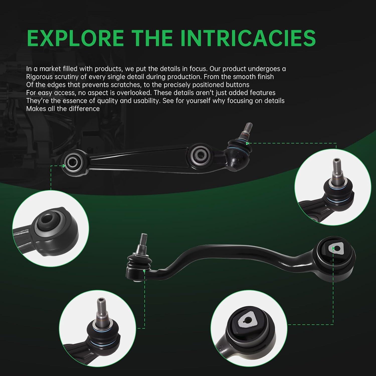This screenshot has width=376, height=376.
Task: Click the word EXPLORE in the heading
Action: coord(75,38)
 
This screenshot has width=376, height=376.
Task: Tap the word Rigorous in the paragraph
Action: coord(40,77)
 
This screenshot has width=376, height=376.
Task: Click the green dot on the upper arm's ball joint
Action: coord(247,143)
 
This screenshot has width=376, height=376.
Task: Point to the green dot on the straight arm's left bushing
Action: coord(64,166)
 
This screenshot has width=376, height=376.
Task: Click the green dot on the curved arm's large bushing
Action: coord(333,248)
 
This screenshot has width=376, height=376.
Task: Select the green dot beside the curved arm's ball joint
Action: coord(144,271)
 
